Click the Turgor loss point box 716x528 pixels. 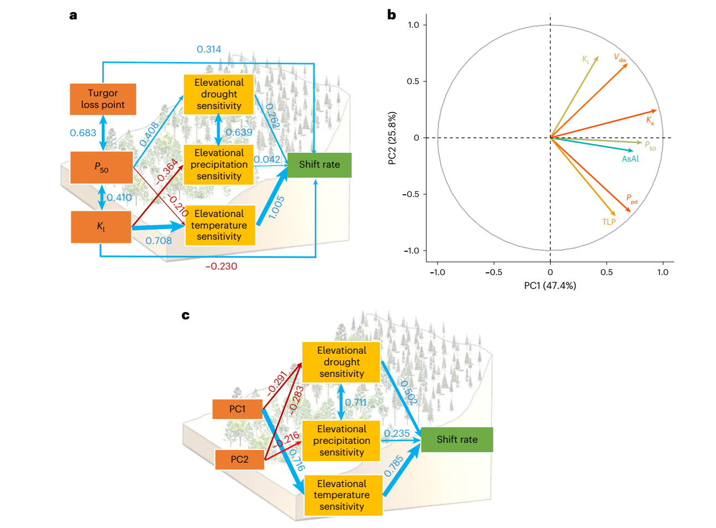tap(103, 99)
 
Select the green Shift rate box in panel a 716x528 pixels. tap(320, 165)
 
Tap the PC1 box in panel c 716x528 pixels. tap(238, 409)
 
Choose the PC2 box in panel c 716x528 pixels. tap(239, 459)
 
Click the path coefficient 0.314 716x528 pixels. tap(209, 49)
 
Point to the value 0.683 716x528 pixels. tap(83, 133)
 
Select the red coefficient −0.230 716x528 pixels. tap(221, 266)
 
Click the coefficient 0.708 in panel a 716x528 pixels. tap(159, 241)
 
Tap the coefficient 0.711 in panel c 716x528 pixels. tap(356, 402)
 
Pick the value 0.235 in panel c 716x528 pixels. tap(396, 433)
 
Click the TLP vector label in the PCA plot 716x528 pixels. tap(609, 222)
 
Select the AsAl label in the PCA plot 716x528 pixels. tap(630, 159)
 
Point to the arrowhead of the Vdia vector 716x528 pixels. tap(628, 64)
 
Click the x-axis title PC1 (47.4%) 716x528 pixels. tap(550, 286)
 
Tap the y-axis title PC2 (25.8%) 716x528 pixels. tap(392, 138)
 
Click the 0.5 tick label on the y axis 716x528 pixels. tap(412, 81)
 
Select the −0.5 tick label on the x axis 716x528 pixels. tap(494, 272)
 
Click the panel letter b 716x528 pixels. tap(391, 15)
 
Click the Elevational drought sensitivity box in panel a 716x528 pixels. tap(218, 95)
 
